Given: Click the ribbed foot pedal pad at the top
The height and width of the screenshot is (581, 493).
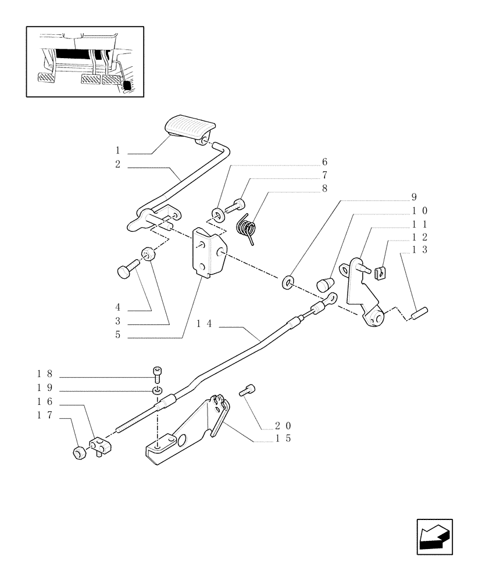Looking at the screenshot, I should [x=190, y=127].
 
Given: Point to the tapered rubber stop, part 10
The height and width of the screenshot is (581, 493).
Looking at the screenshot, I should [x=325, y=285].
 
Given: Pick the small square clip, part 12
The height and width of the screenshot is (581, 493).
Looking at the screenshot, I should [x=382, y=271].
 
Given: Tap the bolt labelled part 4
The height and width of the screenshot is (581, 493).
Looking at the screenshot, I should [x=127, y=270].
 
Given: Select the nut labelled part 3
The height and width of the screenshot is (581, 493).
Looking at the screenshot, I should [x=148, y=254].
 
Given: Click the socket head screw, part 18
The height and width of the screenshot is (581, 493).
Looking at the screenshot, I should [x=156, y=372].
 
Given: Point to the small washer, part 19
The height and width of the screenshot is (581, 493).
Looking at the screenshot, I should [x=157, y=389].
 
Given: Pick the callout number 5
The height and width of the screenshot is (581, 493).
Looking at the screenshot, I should [x=117, y=335].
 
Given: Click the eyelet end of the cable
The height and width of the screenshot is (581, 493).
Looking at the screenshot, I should [x=330, y=299].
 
